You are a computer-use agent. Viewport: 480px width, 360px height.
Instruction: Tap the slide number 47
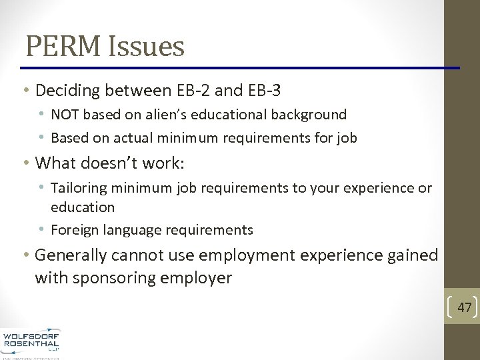click(465, 307)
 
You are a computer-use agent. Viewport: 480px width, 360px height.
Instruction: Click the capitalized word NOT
click(65, 115)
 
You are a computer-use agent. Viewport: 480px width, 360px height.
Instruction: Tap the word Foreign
click(75, 231)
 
